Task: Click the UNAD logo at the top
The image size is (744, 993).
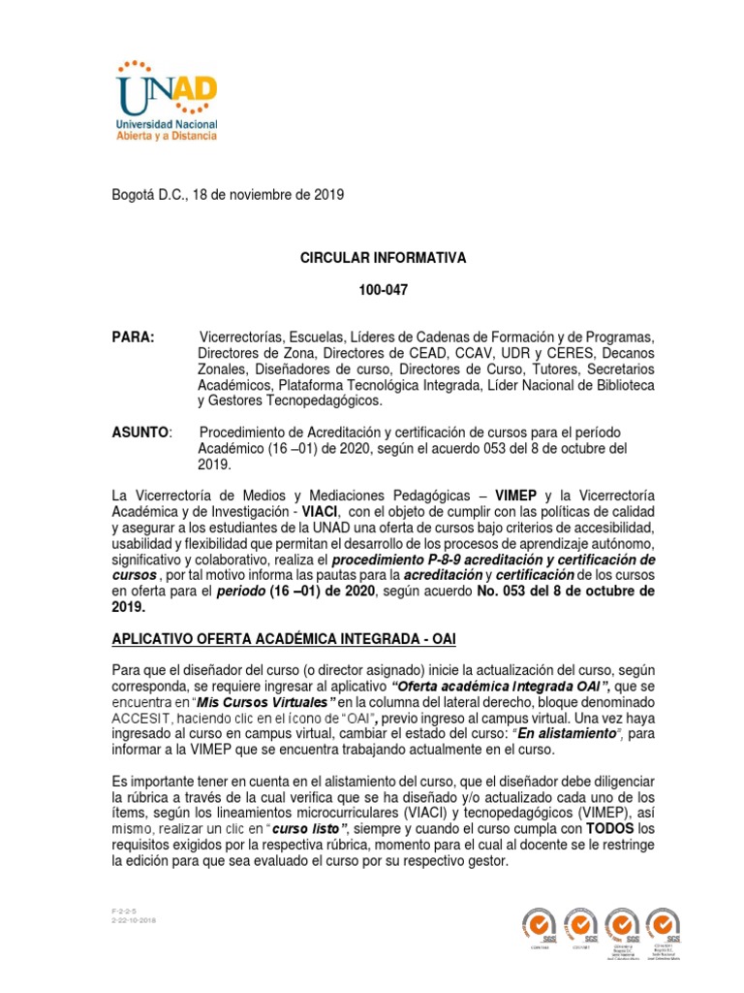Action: click(167, 87)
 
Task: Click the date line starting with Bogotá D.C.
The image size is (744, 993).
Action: click(229, 195)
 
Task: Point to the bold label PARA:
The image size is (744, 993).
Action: click(135, 336)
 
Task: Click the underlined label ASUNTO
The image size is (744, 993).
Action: click(141, 432)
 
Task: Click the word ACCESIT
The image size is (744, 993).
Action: click(143, 718)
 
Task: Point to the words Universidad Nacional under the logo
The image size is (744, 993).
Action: click(167, 125)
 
